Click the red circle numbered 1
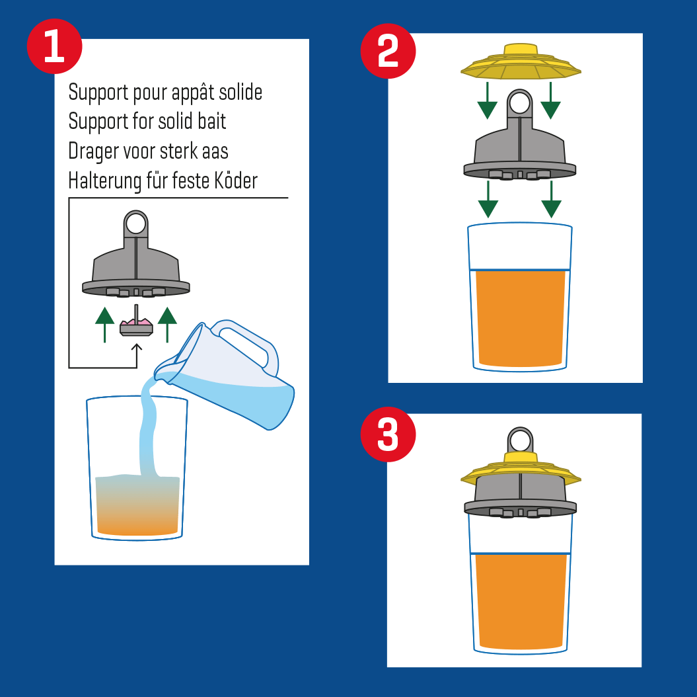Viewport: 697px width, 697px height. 54,46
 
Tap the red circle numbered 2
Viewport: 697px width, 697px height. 388,51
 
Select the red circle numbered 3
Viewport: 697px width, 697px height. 388,434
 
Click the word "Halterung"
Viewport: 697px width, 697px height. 105,181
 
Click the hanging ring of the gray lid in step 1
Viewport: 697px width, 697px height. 136,223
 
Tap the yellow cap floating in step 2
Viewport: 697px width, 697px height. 521,61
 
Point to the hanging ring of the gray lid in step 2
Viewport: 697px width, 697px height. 520,102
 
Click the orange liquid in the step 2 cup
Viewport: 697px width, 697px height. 520,318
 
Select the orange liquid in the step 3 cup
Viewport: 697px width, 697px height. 521,601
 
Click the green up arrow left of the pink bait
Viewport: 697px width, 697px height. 104,324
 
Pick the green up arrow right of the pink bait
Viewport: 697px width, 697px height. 167,324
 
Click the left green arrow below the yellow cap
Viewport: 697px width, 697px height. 487,101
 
